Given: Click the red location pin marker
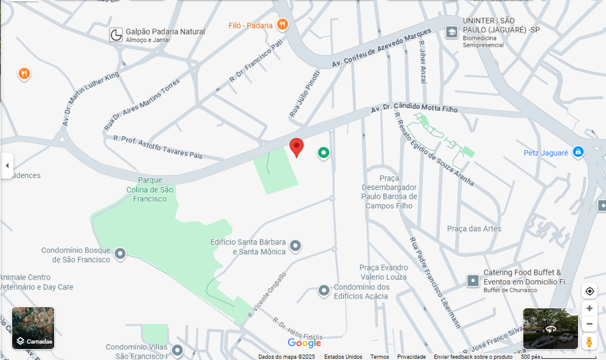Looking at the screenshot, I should pyautogui.click(x=296, y=147).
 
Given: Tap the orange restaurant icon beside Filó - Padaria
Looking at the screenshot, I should pyautogui.click(x=282, y=24).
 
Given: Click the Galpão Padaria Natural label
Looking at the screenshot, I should pyautogui.click(x=165, y=32).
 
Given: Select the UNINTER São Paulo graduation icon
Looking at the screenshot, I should pyautogui.click(x=451, y=32).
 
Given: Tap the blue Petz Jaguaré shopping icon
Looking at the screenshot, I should pyautogui.click(x=578, y=151).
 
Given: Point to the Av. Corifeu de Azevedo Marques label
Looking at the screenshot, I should pyautogui.click(x=381, y=47).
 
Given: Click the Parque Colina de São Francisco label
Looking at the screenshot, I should pyautogui.click(x=150, y=189).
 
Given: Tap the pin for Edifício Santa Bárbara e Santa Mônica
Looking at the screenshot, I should pyautogui.click(x=295, y=246).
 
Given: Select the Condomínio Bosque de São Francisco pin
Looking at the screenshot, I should pyautogui.click(x=120, y=254).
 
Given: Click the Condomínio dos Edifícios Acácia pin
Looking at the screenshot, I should pyautogui.click(x=324, y=291).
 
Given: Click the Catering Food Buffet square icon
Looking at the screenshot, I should pyautogui.click(x=473, y=280).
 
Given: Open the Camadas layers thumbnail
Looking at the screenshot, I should pyautogui.click(x=33, y=328).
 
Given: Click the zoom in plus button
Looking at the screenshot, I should pyautogui.click(x=589, y=308).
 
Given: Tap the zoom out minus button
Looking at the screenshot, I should pyautogui.click(x=589, y=324).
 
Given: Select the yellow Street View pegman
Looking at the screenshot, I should pyautogui.click(x=589, y=342).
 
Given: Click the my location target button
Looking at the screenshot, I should pyautogui.click(x=589, y=291).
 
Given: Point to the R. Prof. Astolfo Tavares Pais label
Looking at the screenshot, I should pyautogui.click(x=158, y=147).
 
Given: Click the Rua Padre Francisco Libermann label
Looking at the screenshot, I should pyautogui.click(x=434, y=282).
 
